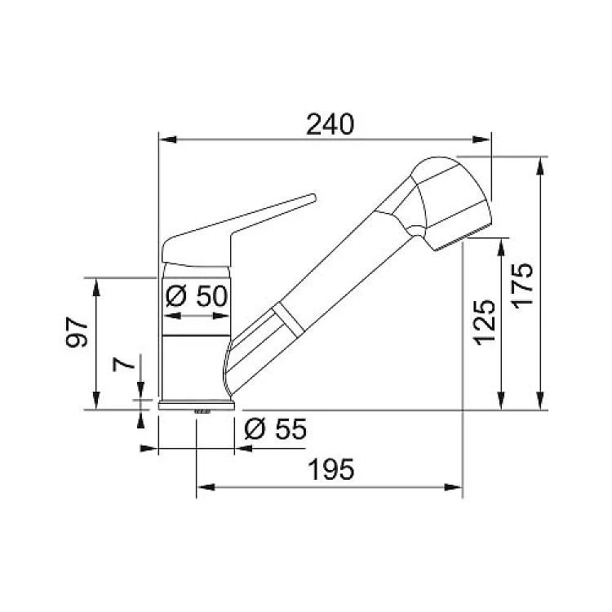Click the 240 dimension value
click(x=330, y=124)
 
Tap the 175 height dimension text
click(x=522, y=286)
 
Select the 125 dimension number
click(x=485, y=322)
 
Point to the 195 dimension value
click(x=331, y=469)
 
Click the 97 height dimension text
click(x=77, y=332)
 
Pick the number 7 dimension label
click(x=123, y=365)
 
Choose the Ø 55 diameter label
click(x=276, y=428)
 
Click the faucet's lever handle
click(x=234, y=230)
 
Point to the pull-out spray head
click(x=449, y=203)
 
